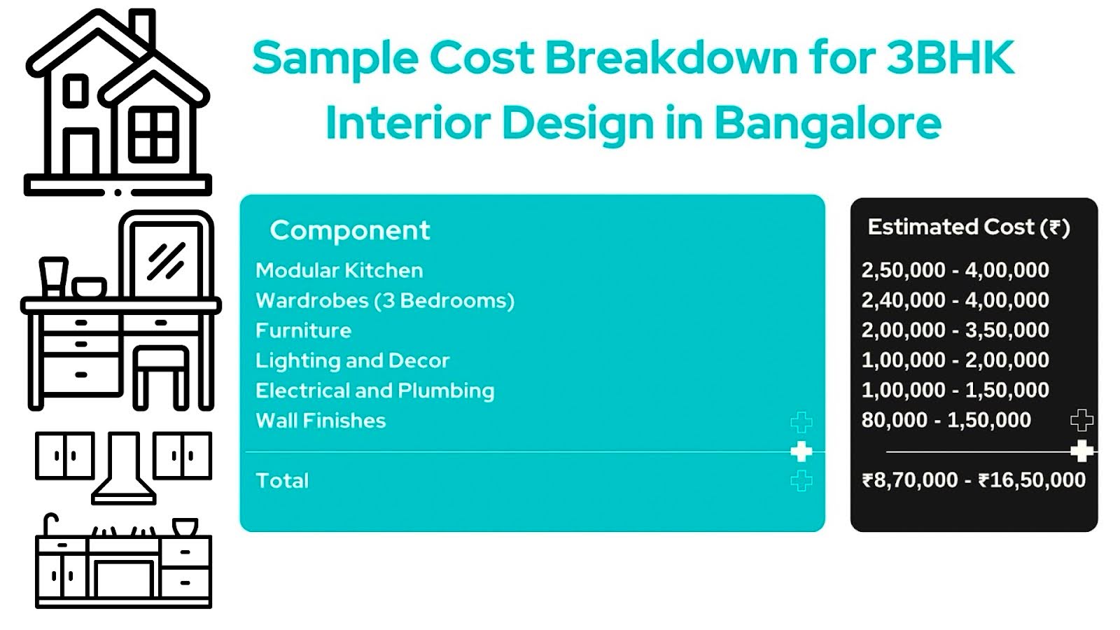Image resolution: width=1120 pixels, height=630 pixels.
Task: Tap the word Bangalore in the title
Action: pyautogui.click(x=828, y=123)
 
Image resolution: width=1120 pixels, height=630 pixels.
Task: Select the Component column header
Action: pyautogui.click(x=349, y=230)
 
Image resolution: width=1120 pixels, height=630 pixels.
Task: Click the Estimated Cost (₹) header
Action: pyautogui.click(x=969, y=227)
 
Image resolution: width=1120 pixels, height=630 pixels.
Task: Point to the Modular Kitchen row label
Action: pyautogui.click(x=339, y=270)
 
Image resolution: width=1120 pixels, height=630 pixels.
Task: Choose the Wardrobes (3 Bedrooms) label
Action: pyautogui.click(x=385, y=301)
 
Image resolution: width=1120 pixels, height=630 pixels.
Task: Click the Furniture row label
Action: pyautogui.click(x=304, y=330)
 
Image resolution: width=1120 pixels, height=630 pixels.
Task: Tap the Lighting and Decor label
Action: pyautogui.click(x=353, y=361)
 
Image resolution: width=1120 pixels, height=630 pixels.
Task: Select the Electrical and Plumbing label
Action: pyautogui.click(x=375, y=391)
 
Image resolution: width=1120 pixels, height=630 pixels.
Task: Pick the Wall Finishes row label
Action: pyautogui.click(x=321, y=421)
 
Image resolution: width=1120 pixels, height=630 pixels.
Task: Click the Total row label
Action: pyautogui.click(x=282, y=480)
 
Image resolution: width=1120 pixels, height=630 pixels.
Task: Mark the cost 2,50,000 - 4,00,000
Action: pyautogui.click(x=955, y=270)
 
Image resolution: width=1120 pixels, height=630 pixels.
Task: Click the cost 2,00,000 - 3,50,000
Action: pyautogui.click(x=955, y=330)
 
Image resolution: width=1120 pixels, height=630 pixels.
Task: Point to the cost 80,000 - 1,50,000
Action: pyautogui.click(x=946, y=421)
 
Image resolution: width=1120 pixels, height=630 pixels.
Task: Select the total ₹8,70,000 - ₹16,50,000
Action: pyautogui.click(x=974, y=480)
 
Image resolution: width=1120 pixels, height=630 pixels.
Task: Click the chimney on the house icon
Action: pyautogui.click(x=143, y=27)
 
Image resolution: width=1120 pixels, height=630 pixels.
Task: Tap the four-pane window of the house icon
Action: pyautogui.click(x=154, y=134)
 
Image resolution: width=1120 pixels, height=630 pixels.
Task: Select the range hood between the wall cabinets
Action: pyautogui.click(x=123, y=468)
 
